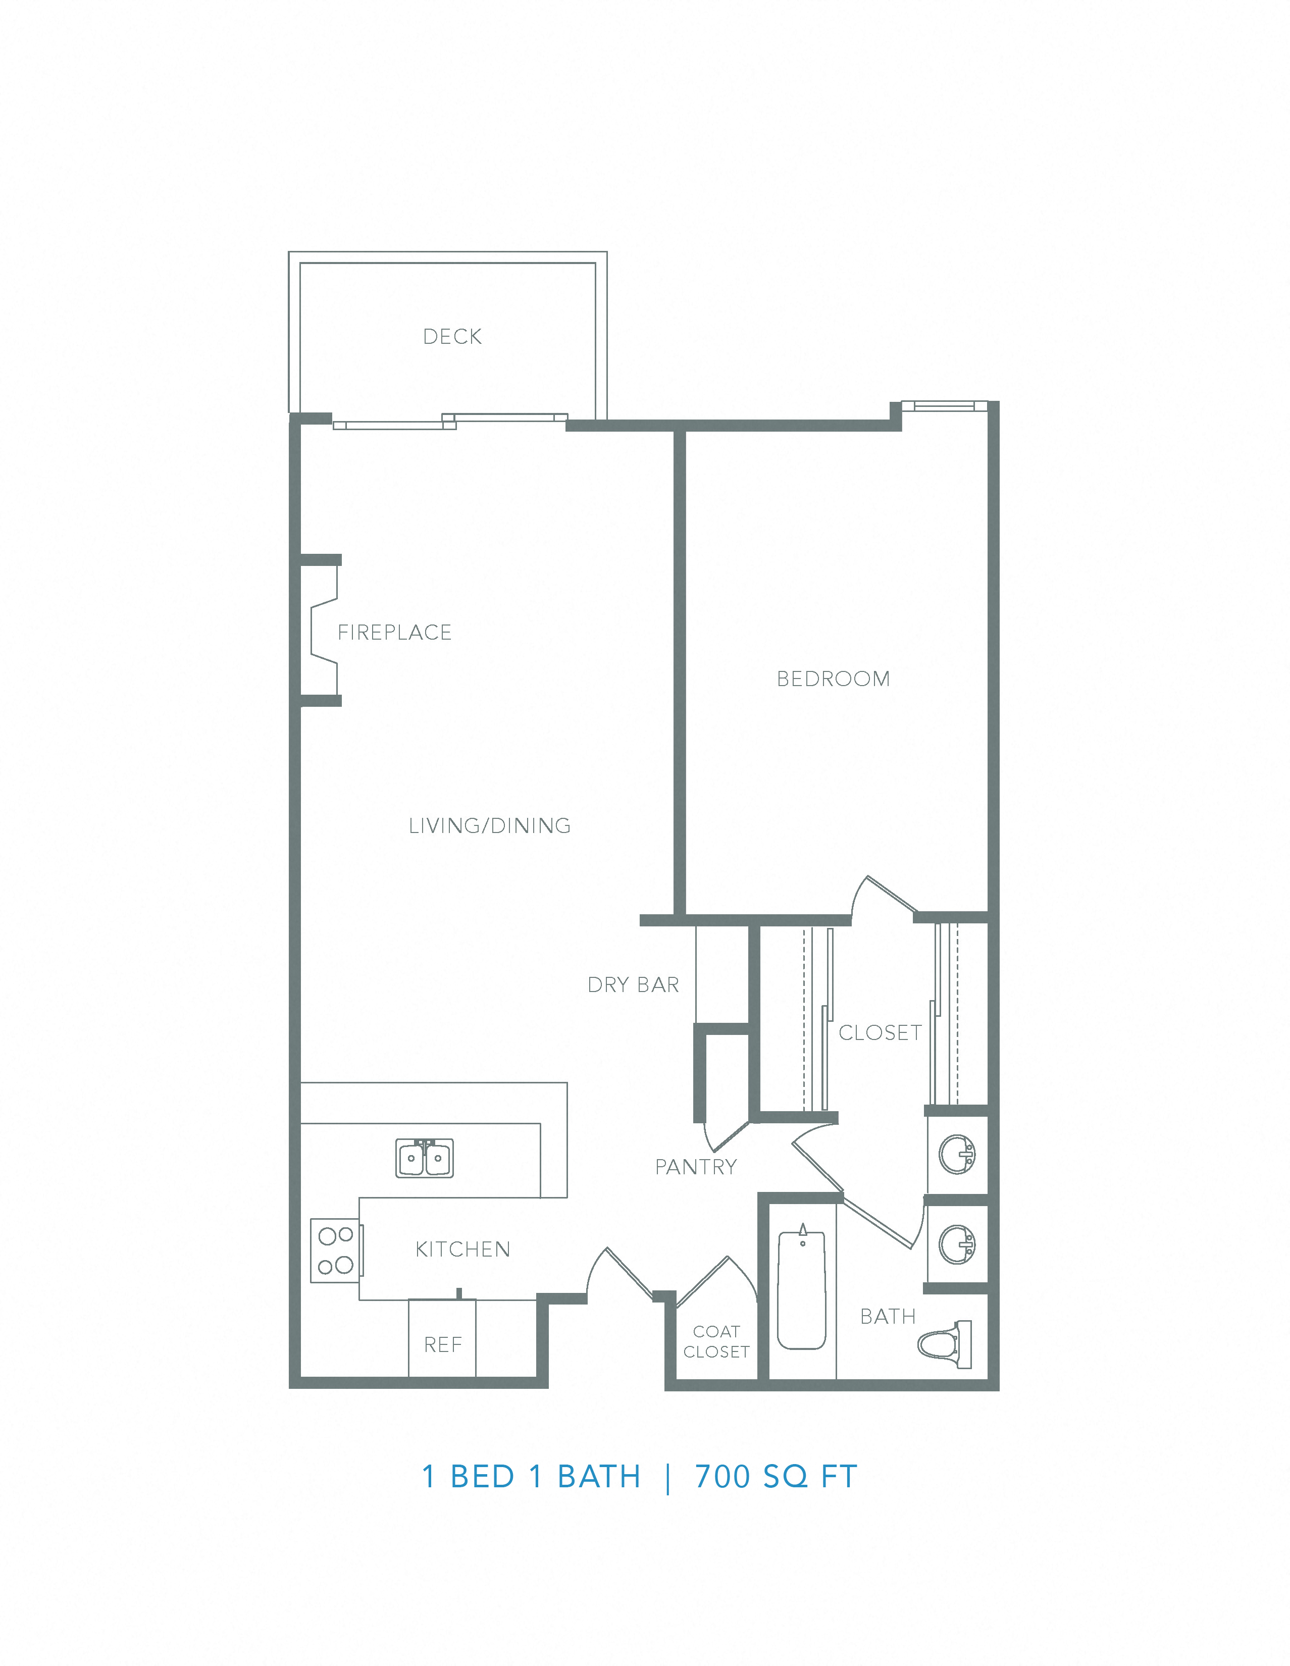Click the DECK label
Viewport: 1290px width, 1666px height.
point(452,336)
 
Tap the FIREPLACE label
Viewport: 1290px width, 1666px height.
point(394,633)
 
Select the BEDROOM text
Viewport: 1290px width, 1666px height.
point(833,679)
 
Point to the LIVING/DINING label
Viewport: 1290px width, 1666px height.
point(490,825)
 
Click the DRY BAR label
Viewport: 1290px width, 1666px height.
point(633,985)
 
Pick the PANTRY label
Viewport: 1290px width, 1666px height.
point(696,1167)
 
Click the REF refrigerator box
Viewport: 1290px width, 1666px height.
point(442,1345)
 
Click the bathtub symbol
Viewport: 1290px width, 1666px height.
point(802,1289)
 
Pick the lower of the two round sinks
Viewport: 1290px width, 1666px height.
point(957,1244)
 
